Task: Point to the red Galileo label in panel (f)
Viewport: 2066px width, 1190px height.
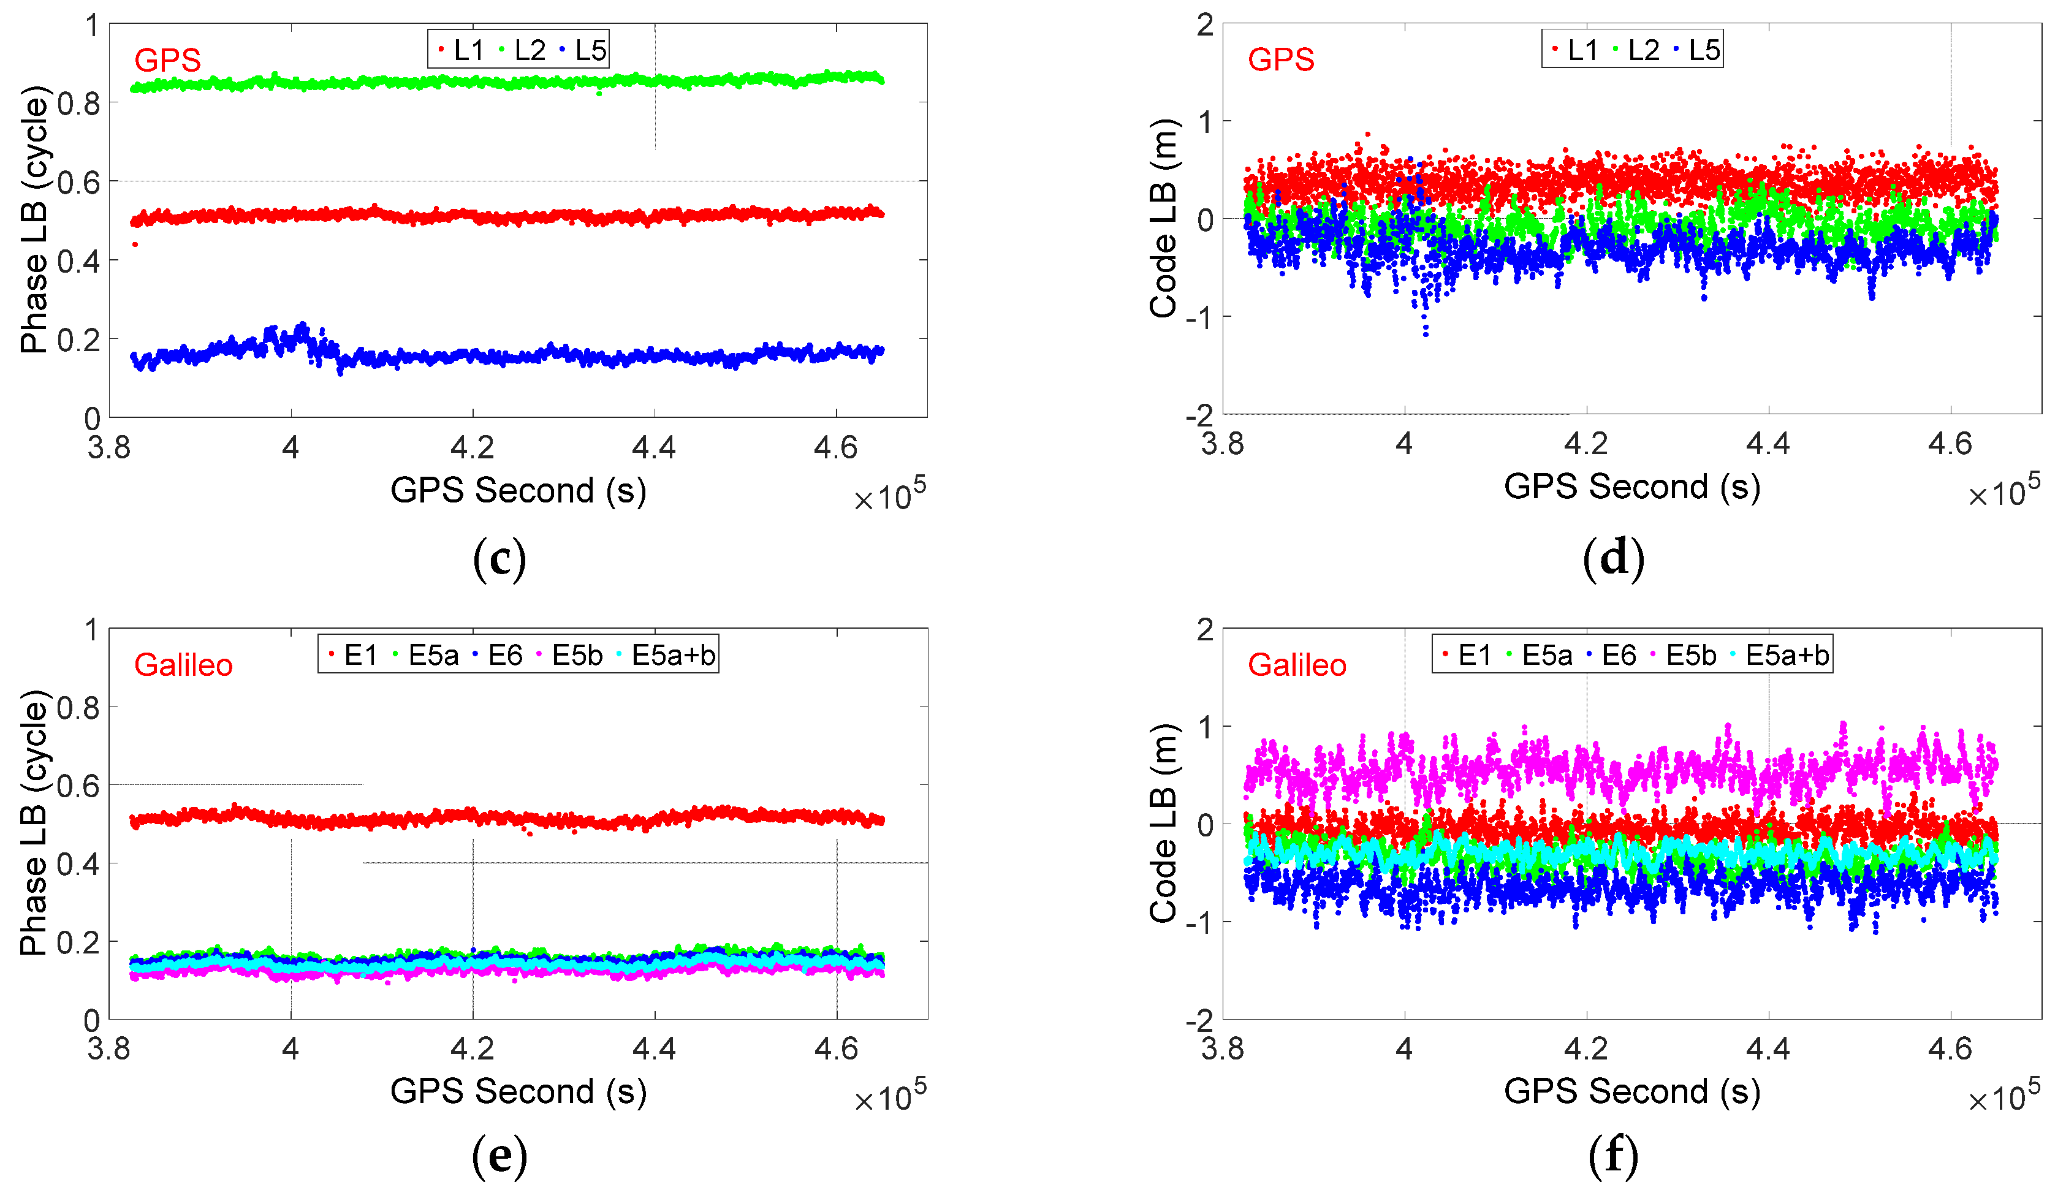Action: [x=1296, y=665]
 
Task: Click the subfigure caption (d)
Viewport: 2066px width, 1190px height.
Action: [x=1613, y=559]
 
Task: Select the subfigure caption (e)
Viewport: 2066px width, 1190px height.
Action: [x=499, y=1156]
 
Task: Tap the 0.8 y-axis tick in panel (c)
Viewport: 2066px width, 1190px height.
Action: [x=78, y=104]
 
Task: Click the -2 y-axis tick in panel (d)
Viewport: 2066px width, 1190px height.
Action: [x=1200, y=415]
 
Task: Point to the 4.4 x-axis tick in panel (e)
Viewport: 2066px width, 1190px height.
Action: [x=654, y=1048]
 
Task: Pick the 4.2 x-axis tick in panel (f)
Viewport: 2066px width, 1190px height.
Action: [x=1586, y=1048]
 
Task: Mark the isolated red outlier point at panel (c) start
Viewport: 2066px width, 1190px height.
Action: [x=135, y=244]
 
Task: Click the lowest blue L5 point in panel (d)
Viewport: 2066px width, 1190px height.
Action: [x=1426, y=335]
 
